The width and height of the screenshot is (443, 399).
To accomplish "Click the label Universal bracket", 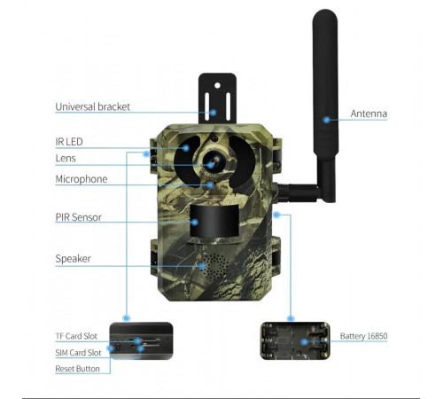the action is coord(92,106).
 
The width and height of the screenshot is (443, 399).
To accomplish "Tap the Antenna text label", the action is coord(369,113).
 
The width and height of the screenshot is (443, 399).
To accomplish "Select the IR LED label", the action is coord(69,142).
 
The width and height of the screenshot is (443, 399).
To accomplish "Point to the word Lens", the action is coord(66,158).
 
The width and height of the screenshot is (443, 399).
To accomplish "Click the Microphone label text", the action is coord(82,179).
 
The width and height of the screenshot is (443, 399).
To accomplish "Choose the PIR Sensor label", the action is coord(79,217).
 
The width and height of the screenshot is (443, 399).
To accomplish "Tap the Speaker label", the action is coord(73,259).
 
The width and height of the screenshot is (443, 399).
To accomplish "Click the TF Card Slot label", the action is coord(76,336).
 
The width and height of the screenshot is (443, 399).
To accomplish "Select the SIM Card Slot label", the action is coord(78,353).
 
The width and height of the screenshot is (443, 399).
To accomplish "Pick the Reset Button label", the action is coord(77,369).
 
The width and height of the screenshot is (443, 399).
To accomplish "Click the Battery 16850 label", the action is coord(363,336).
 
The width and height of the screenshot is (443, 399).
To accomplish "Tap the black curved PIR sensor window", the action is coord(214,221).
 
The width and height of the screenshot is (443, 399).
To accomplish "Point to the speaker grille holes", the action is coord(216,266).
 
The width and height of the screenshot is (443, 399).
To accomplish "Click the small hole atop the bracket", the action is coord(217,85).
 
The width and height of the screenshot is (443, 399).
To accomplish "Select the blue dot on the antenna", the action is coord(326,120).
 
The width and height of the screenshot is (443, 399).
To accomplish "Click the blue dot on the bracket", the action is coord(214,113).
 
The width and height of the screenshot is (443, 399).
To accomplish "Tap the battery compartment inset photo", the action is coord(295,340).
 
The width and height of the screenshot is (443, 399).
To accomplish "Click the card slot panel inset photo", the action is coord(141,340).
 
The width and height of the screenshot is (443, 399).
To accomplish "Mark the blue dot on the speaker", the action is coord(202,266).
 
